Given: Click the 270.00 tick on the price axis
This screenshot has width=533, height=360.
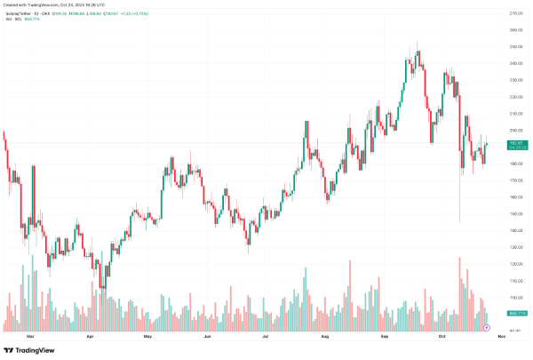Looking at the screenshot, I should coord(514,13).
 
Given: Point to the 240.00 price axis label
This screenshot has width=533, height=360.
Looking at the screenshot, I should coord(514,63).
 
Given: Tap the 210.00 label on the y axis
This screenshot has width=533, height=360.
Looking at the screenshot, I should coord(514,113).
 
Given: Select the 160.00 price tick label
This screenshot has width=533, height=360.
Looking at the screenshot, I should coord(514,197).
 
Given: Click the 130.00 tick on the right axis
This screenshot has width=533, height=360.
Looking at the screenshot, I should coord(514,247).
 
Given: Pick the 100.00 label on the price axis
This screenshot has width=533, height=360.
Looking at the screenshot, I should coord(514,298).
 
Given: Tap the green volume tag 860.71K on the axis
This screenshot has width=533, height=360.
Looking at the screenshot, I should coord(514,314).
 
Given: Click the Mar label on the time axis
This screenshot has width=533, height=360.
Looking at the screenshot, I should coord(31,337).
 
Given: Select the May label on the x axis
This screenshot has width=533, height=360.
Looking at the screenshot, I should coord(148,337).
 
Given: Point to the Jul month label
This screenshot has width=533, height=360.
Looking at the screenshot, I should coord(266,337).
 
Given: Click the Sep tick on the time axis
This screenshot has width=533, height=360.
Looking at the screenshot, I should coord(386,337).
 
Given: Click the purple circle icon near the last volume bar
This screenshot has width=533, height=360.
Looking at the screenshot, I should coord(486,327).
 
